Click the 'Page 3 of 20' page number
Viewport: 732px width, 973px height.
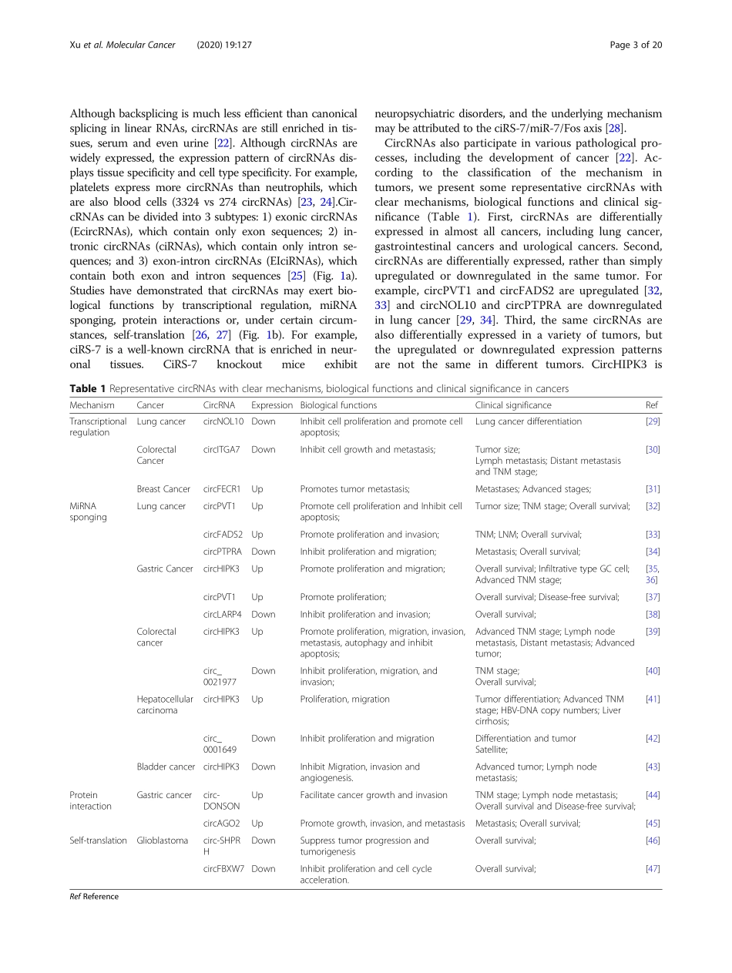pyautogui.click(x=636, y=45)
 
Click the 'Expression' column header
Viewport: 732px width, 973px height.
pyautogui.click(x=271, y=405)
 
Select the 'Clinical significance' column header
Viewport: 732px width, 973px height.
pyautogui.click(x=513, y=405)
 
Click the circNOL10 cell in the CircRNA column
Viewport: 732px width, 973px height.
pyautogui.click(x=223, y=421)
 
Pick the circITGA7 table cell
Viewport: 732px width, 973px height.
pyautogui.click(x=222, y=449)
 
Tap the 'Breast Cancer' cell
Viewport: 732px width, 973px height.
pyautogui.click(x=163, y=489)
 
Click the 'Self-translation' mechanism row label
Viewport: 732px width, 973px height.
pyautogui.click(x=98, y=840)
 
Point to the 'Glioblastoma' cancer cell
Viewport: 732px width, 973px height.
pyautogui.click(x=162, y=840)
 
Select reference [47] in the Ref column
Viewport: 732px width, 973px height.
pyautogui.click(x=652, y=869)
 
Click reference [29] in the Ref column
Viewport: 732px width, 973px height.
pyautogui.click(x=652, y=421)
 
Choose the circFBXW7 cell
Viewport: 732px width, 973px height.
pyautogui.click(x=224, y=869)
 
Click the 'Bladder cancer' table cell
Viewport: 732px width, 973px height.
pyautogui.click(x=166, y=767)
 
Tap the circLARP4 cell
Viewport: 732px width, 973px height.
pyautogui.click(x=223, y=615)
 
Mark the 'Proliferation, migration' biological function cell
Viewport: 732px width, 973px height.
pyautogui.click(x=344, y=700)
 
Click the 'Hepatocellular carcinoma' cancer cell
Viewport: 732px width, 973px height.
pyautogui.click(x=165, y=705)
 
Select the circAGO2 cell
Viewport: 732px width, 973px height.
pyautogui.click(x=222, y=824)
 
